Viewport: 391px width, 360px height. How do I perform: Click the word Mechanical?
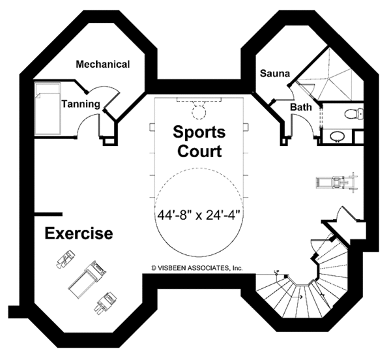click(102, 64)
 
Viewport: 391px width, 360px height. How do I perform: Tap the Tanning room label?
click(80, 103)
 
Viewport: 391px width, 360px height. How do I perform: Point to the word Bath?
click(301, 107)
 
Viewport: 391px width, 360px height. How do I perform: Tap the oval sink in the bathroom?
click(337, 136)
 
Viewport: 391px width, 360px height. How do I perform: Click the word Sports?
click(199, 132)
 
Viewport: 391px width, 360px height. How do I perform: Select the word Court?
click(199, 152)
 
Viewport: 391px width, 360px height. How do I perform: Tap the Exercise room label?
click(78, 233)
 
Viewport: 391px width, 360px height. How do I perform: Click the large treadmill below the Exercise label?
click(86, 277)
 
